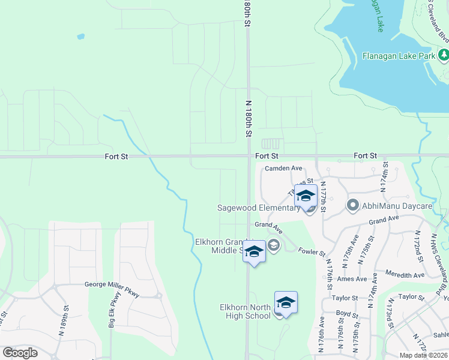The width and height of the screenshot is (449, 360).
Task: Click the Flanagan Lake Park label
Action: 398,56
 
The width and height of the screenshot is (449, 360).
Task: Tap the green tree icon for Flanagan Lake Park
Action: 444,56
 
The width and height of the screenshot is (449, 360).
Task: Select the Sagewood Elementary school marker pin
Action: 306,197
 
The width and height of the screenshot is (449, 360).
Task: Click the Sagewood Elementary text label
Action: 258,208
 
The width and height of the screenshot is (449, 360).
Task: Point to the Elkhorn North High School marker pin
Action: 286,304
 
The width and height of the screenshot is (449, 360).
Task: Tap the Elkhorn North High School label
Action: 248,311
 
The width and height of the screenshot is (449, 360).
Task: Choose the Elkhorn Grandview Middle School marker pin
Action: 254,251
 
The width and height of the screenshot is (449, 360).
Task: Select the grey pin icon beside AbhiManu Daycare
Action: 353,206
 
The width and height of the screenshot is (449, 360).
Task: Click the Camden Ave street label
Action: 284,169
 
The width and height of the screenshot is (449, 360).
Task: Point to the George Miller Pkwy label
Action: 111,284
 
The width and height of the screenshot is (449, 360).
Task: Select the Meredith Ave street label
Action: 405,275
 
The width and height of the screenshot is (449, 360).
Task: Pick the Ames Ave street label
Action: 352,279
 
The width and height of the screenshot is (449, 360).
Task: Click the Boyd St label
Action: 347,313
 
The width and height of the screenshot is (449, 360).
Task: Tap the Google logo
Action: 20,353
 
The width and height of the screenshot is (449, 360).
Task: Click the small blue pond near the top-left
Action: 80,36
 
